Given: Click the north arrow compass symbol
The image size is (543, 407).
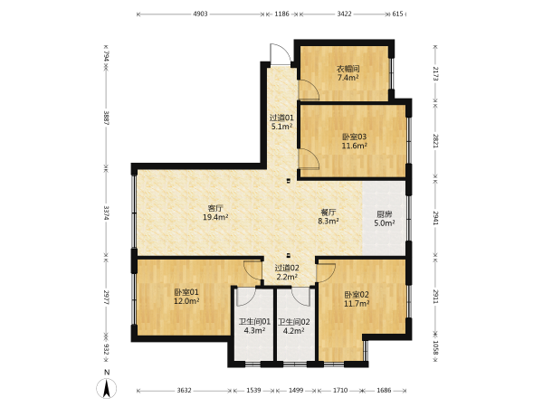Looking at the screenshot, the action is [107, 385].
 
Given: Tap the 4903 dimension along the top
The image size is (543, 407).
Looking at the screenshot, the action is [200, 14].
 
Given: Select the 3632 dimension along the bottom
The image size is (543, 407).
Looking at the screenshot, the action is [184, 391].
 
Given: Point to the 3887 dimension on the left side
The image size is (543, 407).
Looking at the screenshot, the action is [106, 118].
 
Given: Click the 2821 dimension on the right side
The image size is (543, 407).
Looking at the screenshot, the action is [435, 141].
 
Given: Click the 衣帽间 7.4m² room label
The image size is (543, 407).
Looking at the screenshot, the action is [348, 73].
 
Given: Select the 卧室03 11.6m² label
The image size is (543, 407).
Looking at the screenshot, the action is [354, 141].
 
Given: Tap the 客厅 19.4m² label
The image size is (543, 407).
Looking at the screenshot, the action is [215, 213].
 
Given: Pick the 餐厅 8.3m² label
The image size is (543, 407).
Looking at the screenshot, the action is [329, 217].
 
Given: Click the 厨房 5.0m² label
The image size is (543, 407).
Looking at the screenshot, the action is [385, 219].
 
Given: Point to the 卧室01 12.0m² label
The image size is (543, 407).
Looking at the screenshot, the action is [186, 297].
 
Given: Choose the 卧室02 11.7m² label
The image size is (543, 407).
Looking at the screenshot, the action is [357, 299].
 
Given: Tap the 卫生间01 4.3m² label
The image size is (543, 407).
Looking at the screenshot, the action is [254, 326].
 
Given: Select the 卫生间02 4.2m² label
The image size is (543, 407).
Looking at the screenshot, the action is [293, 326].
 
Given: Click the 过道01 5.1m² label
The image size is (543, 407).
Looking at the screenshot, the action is [281, 122].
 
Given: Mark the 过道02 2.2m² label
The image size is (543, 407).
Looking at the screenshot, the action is [287, 272].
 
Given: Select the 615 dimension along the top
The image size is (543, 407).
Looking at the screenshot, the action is [397, 14].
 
